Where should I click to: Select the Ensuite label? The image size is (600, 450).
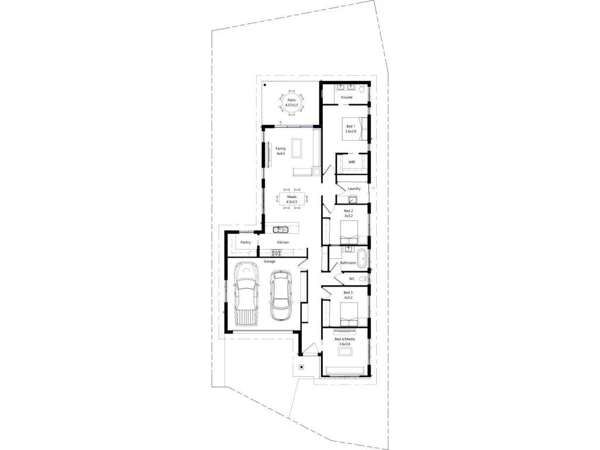tap(347, 97)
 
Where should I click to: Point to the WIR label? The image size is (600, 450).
tap(352, 162)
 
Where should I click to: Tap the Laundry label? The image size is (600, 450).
tap(354, 189)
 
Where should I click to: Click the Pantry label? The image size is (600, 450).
tap(246, 242)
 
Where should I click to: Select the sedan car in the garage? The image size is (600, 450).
tap(281, 296)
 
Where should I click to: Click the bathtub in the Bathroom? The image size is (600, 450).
tap(363, 257)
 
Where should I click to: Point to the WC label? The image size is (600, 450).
tap(352, 278)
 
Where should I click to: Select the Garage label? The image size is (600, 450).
tap(269, 261)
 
